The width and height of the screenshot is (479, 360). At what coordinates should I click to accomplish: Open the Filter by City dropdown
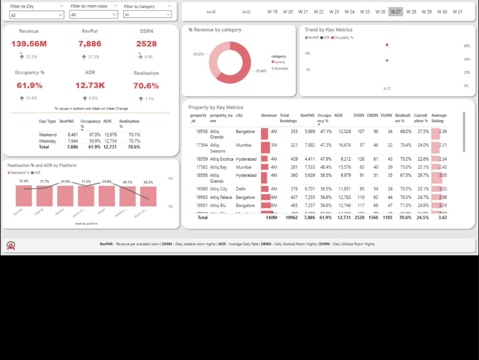37,15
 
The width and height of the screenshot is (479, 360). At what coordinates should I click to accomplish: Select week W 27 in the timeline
396,12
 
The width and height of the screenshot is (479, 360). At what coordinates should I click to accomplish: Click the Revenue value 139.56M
29,44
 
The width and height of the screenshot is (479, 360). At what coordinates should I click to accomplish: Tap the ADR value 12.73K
90,85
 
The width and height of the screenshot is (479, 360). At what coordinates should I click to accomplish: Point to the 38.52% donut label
198,54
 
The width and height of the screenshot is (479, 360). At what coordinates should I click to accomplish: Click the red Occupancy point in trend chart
387,45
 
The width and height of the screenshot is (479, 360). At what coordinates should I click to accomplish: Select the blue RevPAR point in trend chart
387,60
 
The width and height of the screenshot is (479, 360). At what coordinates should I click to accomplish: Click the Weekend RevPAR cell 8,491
73,135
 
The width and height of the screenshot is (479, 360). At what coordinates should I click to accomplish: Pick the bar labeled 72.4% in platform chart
24,196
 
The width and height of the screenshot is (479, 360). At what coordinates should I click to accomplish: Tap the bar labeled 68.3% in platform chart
148,196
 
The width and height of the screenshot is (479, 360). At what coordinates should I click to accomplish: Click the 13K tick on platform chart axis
170,178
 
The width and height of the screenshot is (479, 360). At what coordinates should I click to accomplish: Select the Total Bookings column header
288,118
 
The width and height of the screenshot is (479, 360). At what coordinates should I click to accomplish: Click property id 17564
202,145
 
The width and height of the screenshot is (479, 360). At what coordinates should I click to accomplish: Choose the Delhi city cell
241,189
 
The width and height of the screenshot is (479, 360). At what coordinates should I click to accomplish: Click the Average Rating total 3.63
442,217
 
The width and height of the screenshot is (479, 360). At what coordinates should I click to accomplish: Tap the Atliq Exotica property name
221,159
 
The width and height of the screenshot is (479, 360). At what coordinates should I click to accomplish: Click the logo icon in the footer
11,245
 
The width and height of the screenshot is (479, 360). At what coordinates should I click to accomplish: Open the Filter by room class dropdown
93,15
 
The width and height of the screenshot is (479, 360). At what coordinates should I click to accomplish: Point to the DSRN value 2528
146,44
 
